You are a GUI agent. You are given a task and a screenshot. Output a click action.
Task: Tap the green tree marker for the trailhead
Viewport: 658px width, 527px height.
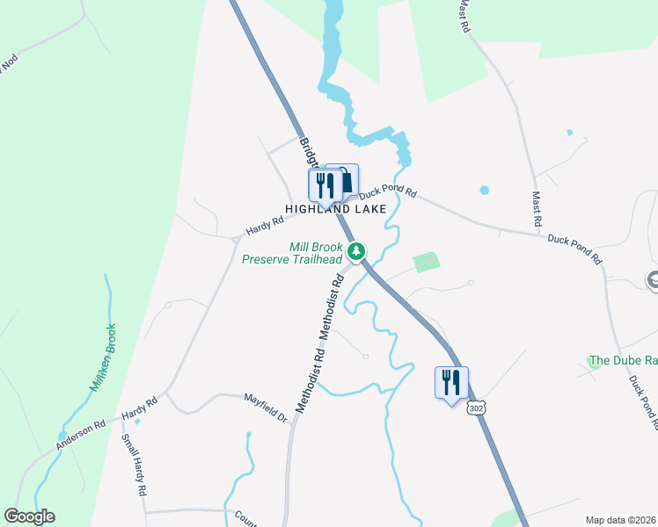(x=356, y=252)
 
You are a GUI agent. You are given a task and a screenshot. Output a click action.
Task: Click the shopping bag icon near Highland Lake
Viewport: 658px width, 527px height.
(x=345, y=182)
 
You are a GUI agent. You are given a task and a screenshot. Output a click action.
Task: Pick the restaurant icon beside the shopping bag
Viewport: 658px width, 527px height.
(x=324, y=185)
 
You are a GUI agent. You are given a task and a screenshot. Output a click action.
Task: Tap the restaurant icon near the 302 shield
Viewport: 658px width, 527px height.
(x=451, y=382)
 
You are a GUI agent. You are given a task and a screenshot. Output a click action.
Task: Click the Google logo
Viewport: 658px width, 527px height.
(x=29, y=516)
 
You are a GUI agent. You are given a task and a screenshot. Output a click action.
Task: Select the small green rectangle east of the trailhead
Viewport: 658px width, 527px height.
(x=426, y=262)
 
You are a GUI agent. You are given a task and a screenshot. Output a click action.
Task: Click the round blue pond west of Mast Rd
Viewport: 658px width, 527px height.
(x=484, y=190)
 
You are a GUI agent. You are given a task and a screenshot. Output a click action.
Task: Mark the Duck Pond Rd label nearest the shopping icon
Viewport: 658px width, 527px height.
(x=387, y=189)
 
